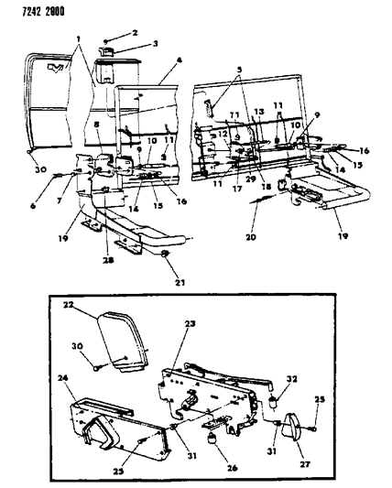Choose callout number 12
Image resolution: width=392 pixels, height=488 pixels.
coord(221,135)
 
